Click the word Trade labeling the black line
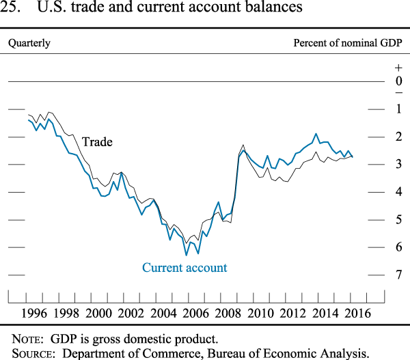point(97,142)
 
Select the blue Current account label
point(184,268)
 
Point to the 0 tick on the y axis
point(399,81)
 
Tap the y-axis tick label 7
point(399,275)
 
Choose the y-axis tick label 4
point(399,192)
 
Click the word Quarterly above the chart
point(29,43)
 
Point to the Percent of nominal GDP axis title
point(348,43)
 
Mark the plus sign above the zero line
point(399,68)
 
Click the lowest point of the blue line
point(186,255)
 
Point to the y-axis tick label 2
point(399,137)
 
